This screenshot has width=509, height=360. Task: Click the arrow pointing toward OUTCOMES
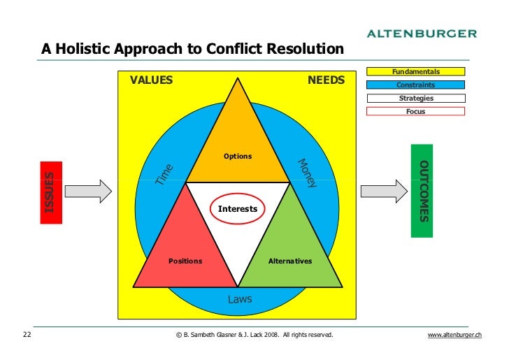pos(384,190)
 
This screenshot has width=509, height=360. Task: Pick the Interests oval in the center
pos(238,209)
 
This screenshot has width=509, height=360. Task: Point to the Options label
pos(238,156)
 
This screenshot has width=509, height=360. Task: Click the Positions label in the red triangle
pos(185,261)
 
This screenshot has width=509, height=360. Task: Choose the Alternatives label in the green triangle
pos(290,261)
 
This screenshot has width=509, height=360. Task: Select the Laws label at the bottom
pos(240,299)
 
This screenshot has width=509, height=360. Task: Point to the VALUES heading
pos(151,80)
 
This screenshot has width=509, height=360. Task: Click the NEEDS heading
pos(326,80)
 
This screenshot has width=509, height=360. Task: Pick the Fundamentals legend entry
pos(416,72)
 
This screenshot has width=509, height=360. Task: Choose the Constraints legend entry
pos(416,85)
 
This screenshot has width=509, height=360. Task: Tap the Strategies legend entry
pos(416,99)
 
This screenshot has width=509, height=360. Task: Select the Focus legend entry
pos(416,112)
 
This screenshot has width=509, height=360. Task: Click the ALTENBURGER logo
pos(422,33)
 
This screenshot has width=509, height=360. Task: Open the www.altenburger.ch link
pos(454,336)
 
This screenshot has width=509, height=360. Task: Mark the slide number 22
pos(27,336)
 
